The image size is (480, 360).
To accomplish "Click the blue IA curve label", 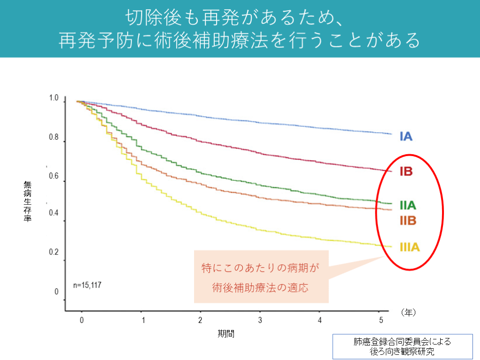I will pyautogui.click(x=405, y=136).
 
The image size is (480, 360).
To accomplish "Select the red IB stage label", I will pyautogui.click(x=405, y=171).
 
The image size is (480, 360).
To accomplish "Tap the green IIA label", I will pyautogui.click(x=408, y=205).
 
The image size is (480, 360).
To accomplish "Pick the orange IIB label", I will pyautogui.click(x=408, y=220).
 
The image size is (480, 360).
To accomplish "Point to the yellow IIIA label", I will pyautogui.click(x=410, y=247).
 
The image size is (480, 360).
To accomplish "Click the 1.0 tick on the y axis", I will pyautogui.click(x=53, y=98).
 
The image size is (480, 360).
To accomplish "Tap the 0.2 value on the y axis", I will pyautogui.click(x=53, y=253).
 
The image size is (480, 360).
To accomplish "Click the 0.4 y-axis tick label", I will pyautogui.click(x=53, y=213).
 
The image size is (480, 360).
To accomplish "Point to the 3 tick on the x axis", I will pyautogui.click(x=260, y=320).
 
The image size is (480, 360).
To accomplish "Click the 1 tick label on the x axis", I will pyautogui.click(x=143, y=320).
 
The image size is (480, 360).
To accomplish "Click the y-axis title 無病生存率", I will pyautogui.click(x=28, y=202).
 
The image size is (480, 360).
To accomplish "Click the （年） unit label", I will pyautogui.click(x=408, y=311).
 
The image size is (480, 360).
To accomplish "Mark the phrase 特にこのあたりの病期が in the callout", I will pyautogui.click(x=261, y=268).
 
